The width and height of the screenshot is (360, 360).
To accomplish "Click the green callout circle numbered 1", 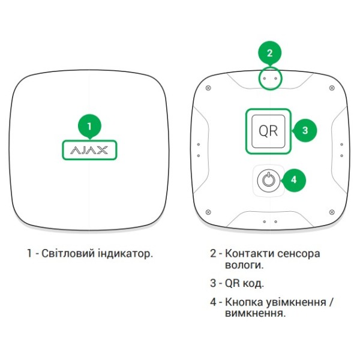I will [x=89, y=126].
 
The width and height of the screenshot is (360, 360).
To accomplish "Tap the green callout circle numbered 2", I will [x=269, y=53].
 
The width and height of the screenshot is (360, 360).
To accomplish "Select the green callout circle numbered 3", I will [x=305, y=130].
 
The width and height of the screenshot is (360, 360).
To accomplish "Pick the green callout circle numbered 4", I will [x=293, y=179].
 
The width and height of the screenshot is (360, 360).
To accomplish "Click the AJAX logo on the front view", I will [x=89, y=149].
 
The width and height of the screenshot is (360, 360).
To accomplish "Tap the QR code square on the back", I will [x=268, y=130].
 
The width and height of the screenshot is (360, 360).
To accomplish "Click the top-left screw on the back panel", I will [x=208, y=88].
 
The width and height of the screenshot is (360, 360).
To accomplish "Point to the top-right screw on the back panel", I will [x=332, y=88].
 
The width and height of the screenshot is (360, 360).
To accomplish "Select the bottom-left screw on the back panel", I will [x=208, y=211].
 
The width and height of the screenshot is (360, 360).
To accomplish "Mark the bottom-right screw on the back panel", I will [x=332, y=211].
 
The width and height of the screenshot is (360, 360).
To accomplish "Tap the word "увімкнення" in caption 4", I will [x=294, y=302].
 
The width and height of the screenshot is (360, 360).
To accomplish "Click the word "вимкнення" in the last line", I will [x=254, y=313].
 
